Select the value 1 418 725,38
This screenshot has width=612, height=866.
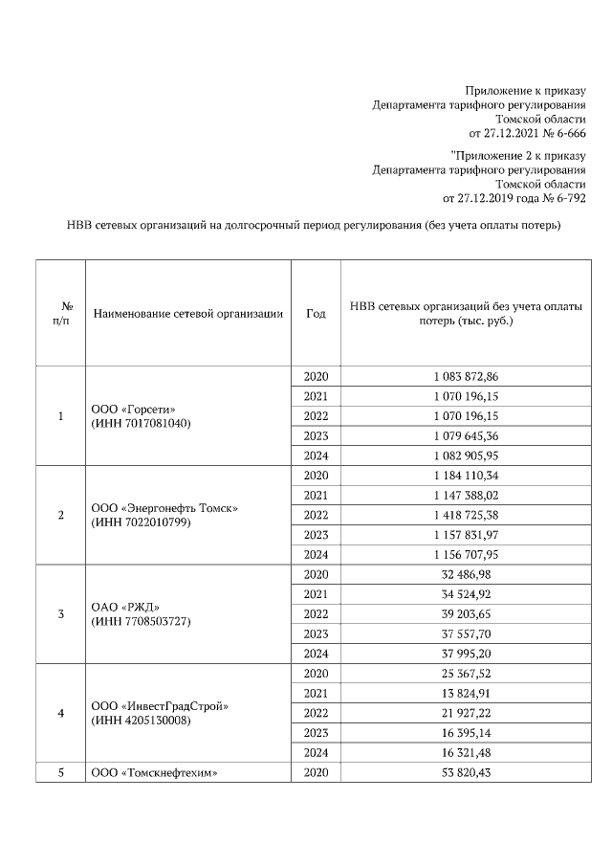pos(466,515)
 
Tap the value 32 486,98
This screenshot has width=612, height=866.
pos(466,574)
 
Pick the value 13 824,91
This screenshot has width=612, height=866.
pos(466,693)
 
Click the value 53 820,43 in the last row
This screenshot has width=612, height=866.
pos(466,772)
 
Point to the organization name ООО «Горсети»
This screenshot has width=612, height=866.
pos(133,409)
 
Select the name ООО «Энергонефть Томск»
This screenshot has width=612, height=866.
pos(164,508)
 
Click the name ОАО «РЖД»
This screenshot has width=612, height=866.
pos(124,608)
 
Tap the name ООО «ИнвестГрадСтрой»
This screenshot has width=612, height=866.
pos(161,706)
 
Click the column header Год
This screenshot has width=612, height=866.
pos(316,313)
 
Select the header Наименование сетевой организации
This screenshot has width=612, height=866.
pos(187,313)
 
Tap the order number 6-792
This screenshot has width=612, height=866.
pos(568,198)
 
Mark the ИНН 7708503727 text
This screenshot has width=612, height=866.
pos(141,621)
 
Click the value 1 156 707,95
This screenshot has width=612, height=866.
pos(466,554)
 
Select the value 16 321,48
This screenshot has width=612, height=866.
pos(466,752)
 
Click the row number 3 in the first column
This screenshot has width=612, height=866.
pos(61,613)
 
